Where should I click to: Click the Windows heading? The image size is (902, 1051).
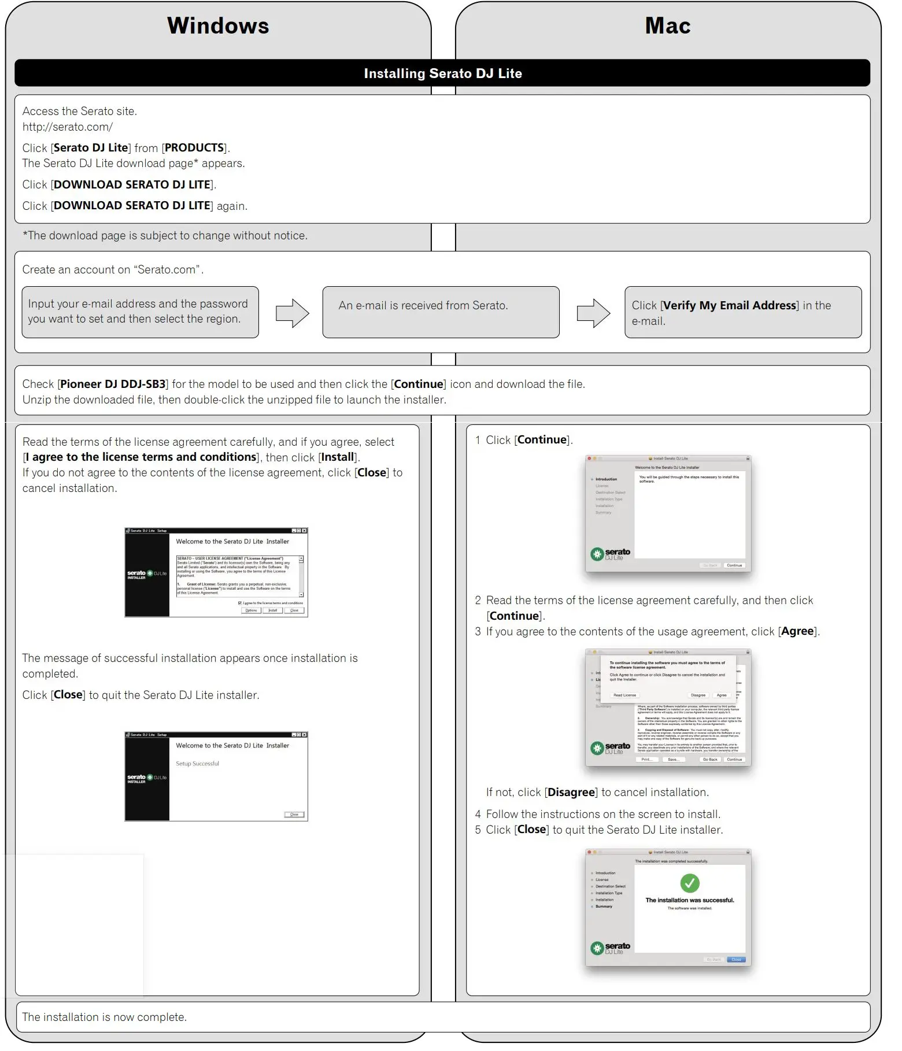pos(218,26)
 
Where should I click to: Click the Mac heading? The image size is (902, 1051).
pos(667,26)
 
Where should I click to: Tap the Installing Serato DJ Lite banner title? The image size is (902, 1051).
pos(442,73)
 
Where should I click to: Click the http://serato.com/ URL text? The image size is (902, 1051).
pos(68,127)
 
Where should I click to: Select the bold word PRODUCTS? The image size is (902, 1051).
pos(194,147)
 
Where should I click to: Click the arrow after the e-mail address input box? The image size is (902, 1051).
pos(292,313)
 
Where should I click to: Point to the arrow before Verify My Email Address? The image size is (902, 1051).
pos(593,313)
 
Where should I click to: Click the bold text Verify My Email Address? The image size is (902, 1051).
pos(730,305)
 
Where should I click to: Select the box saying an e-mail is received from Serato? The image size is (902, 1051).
pos(441,312)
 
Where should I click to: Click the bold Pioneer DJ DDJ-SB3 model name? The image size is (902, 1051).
pos(113,384)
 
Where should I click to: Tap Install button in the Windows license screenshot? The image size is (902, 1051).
pos(273,610)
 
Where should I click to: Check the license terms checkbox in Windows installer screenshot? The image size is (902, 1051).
pos(241,602)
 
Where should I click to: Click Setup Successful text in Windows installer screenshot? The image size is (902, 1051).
pos(198,764)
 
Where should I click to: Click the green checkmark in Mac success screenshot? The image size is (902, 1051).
pos(690,883)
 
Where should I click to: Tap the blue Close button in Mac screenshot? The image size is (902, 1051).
pos(736,959)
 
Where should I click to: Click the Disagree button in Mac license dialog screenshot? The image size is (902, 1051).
pos(698,695)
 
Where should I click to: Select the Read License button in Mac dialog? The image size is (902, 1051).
pos(624,695)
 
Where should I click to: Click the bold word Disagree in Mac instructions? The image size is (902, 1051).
pos(571,792)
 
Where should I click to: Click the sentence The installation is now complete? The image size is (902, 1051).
pos(105,1017)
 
